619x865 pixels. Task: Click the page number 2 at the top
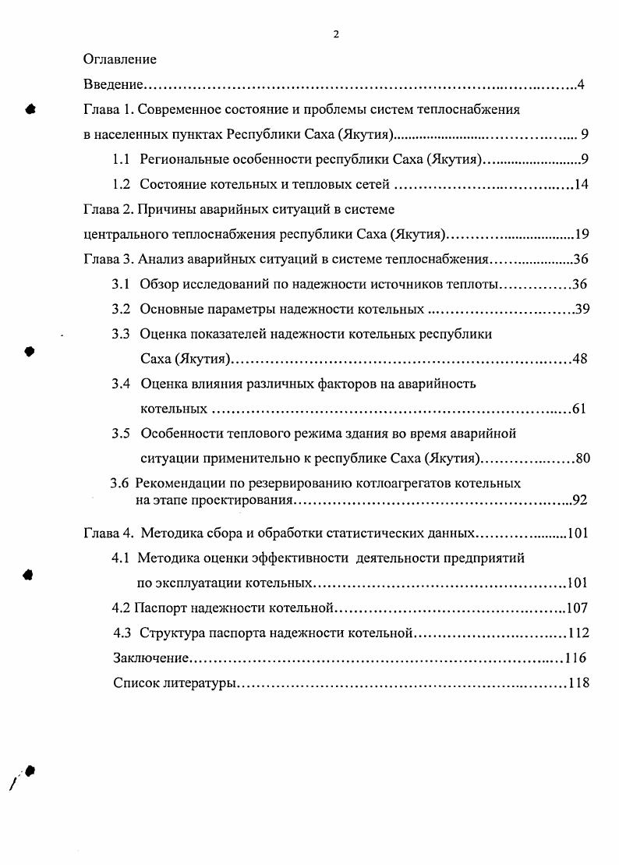(x=335, y=34)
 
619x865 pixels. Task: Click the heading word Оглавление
(x=120, y=59)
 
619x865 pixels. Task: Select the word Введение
(x=112, y=84)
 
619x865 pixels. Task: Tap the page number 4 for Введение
(x=581, y=84)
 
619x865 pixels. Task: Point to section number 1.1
(x=121, y=159)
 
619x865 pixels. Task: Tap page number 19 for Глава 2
(x=581, y=234)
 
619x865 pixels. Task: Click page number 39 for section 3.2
(x=582, y=309)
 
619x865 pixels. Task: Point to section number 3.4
(x=121, y=383)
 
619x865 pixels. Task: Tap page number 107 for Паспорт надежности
(x=577, y=608)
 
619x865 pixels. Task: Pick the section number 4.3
(x=121, y=633)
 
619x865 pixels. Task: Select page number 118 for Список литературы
(x=578, y=683)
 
